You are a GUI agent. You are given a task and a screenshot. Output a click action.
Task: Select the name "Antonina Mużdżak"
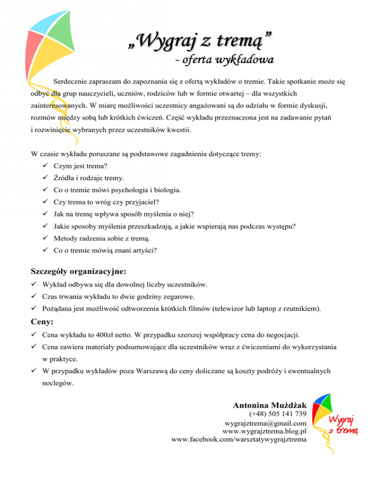tap(269, 405)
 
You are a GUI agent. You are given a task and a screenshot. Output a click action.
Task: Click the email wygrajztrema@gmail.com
tap(265, 423)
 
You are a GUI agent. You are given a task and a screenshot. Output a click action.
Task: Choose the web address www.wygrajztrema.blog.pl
tap(265, 431)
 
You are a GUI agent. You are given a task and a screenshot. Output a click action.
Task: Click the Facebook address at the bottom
tap(238, 439)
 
